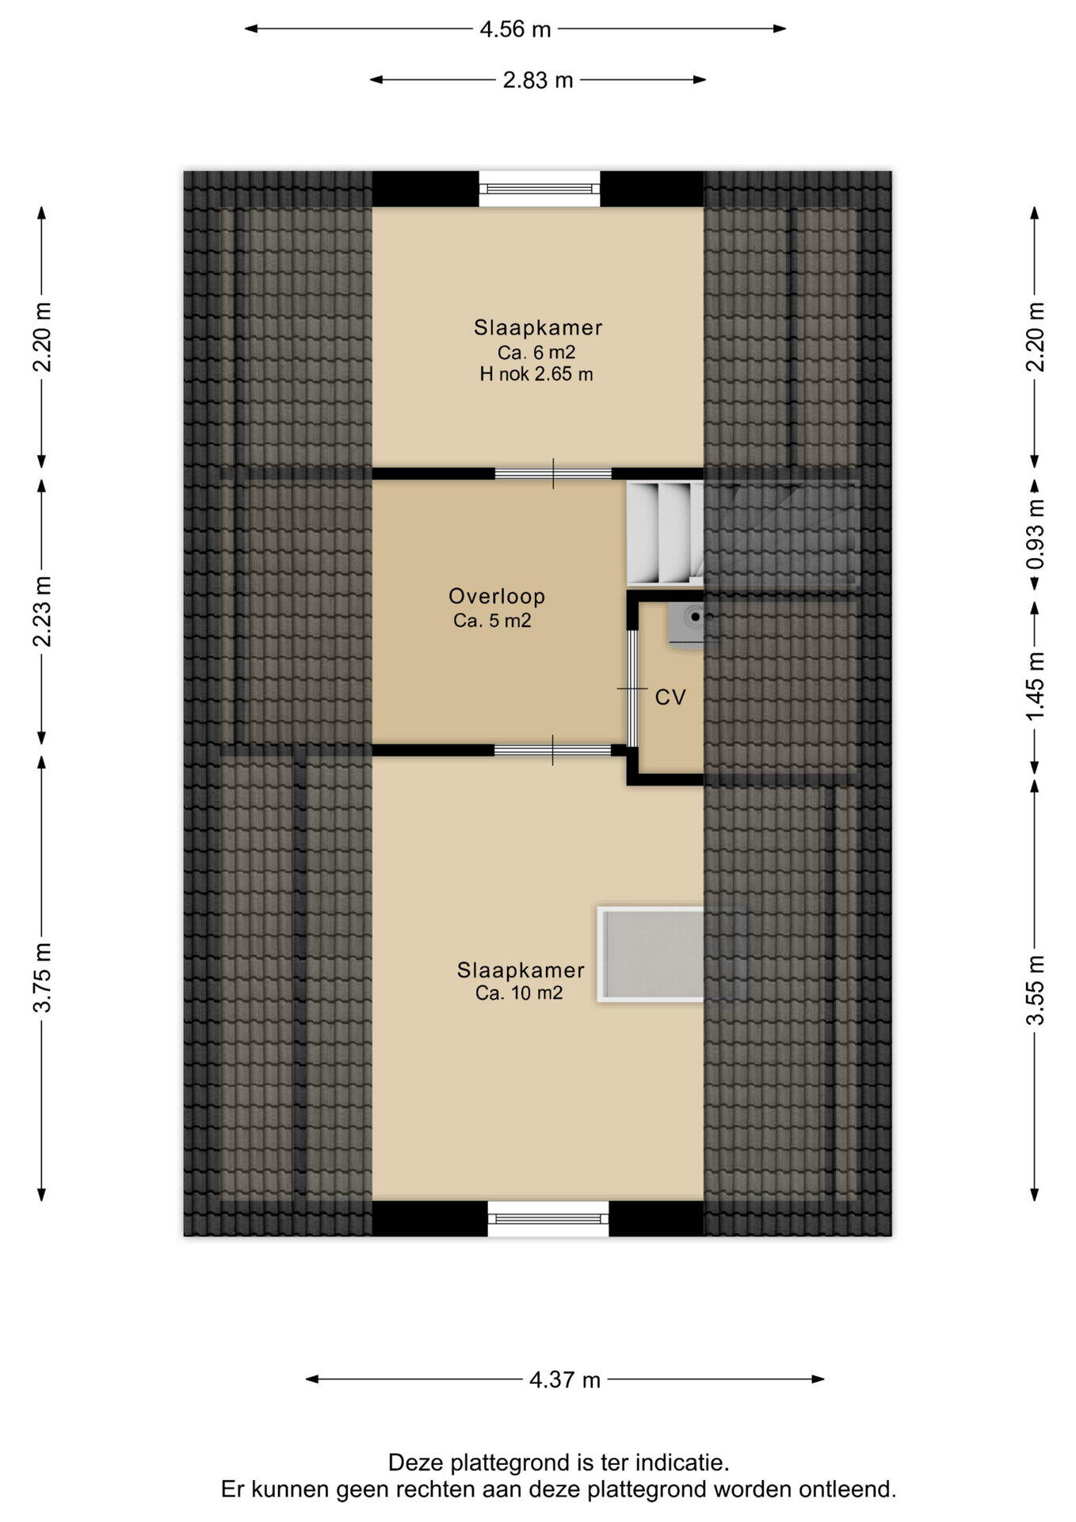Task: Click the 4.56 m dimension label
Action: click(515, 29)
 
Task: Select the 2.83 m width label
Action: click(538, 80)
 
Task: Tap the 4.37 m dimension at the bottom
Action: click(565, 1380)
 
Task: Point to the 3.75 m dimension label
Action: click(42, 977)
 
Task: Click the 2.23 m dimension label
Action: click(42, 611)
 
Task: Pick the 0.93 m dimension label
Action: click(1036, 534)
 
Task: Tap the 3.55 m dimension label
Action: click(1036, 991)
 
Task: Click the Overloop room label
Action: click(497, 596)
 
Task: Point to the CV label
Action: click(670, 698)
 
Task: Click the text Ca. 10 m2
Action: click(519, 993)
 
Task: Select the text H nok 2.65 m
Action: click(536, 374)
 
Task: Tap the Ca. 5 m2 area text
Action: click(492, 621)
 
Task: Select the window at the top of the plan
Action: click(540, 189)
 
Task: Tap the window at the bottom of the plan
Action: click(548, 1218)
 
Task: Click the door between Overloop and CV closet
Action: click(633, 689)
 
